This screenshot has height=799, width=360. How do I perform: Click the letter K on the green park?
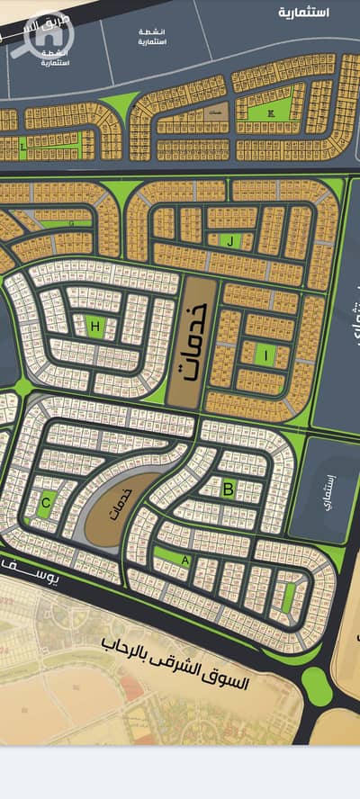(271, 113)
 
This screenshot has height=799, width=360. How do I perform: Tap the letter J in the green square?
(230, 240)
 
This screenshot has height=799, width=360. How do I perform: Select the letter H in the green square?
(94, 325)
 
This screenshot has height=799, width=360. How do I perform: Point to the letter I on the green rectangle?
(265, 355)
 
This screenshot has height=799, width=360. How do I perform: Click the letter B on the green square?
(229, 489)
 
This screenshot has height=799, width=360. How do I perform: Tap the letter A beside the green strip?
(185, 559)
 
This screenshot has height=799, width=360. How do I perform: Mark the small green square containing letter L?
(22, 145)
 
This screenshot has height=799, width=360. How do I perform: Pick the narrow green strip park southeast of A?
(288, 597)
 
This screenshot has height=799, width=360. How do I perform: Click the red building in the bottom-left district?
(132, 688)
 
